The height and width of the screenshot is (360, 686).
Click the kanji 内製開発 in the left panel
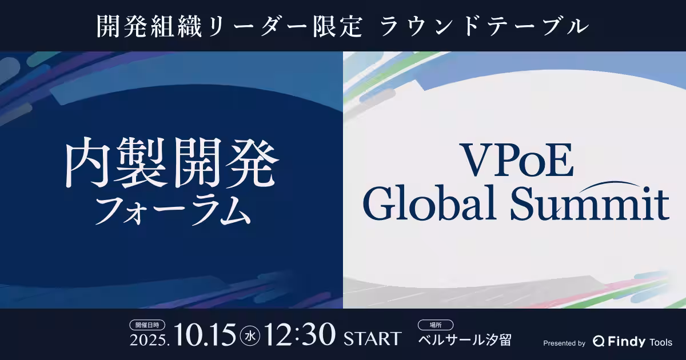click(172, 162)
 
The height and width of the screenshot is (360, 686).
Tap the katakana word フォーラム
click(173, 210)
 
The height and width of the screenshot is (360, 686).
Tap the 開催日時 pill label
click(147, 325)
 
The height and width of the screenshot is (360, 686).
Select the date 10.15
click(205, 335)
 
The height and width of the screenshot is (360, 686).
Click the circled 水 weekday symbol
click(250, 337)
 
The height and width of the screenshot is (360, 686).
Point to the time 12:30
click(300, 335)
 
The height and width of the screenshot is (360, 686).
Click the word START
click(372, 338)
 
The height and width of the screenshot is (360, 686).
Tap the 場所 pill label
click(436, 325)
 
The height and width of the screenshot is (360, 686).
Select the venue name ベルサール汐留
click(465, 340)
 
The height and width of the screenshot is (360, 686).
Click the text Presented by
click(564, 343)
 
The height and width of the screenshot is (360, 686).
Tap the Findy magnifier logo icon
click(599, 341)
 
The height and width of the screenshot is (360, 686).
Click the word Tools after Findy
click(661, 342)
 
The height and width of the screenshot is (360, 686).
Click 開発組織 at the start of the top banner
click(149, 27)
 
